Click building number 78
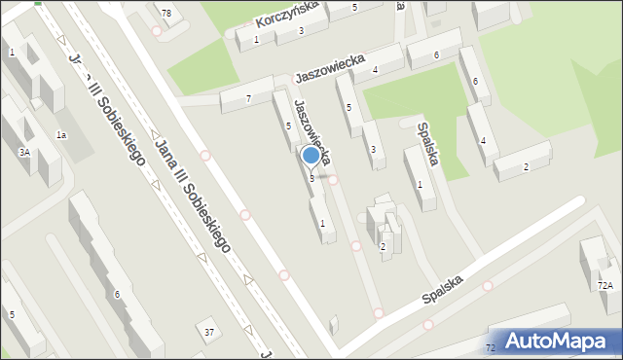pyautogui.click(x=166, y=13)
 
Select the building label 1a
pyautogui.click(x=61, y=134)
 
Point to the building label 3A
pyautogui.click(x=23, y=153)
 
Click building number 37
pyautogui.click(x=209, y=333)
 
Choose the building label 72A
pyautogui.click(x=605, y=285)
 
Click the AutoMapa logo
pyautogui.click(x=559, y=341)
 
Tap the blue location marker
pyautogui.click(x=311, y=156)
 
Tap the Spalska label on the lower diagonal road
pyautogui.click(x=444, y=289)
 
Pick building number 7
pyautogui.click(x=249, y=99)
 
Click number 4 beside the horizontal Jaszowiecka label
pyautogui.click(x=375, y=69)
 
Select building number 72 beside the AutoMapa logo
pyautogui.click(x=490, y=347)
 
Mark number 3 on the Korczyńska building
pyautogui.click(x=301, y=31)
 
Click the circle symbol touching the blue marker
pyautogui.click(x=333, y=179)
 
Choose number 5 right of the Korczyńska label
pyautogui.click(x=354, y=8)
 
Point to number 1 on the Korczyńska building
pyautogui.click(x=256, y=39)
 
